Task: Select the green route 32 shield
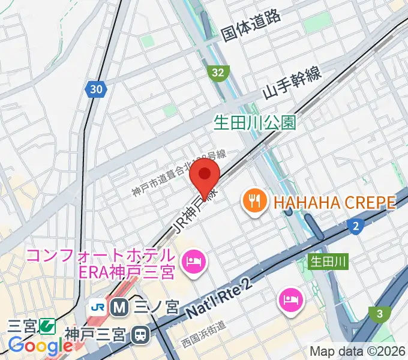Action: (x=219, y=73)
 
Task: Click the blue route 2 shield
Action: (x=356, y=226)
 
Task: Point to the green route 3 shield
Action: (x=379, y=313)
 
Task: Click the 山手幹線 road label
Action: (x=292, y=86)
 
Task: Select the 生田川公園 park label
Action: (x=255, y=123)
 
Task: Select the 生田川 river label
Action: (x=328, y=261)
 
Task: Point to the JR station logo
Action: (x=98, y=307)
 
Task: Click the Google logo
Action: (x=41, y=345)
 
